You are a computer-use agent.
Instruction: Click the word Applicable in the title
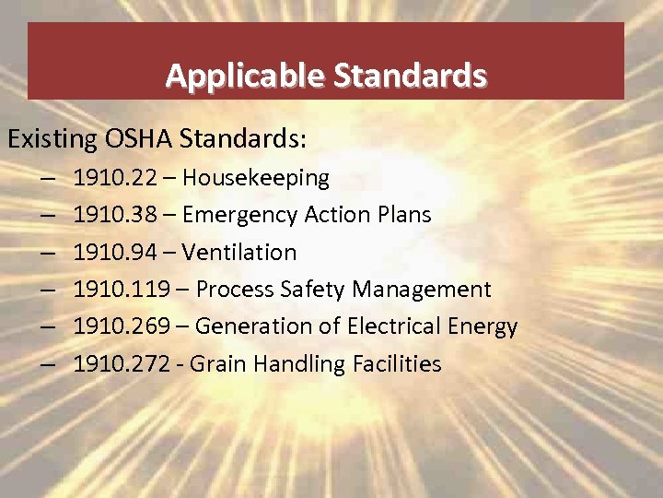(245, 75)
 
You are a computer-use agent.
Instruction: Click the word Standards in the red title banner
(410, 75)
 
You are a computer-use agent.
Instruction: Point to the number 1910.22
(114, 177)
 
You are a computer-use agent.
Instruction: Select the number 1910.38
(114, 215)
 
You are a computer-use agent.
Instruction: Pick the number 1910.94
(114, 252)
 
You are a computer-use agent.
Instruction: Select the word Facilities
(397, 364)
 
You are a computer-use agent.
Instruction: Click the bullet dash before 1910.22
(47, 177)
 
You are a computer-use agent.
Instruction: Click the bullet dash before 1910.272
(47, 364)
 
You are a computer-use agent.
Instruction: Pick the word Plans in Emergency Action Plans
(401, 215)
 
